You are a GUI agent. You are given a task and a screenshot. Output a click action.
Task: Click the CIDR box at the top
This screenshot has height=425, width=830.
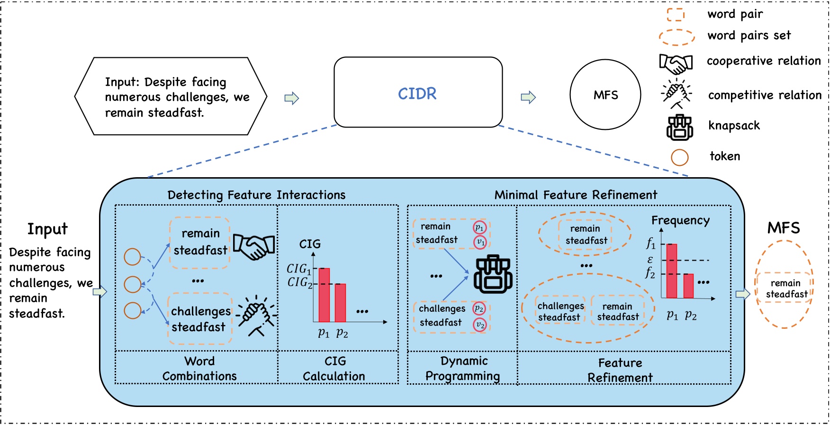(x=418, y=92)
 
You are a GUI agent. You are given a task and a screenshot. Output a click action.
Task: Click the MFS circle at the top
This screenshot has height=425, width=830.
(x=605, y=95)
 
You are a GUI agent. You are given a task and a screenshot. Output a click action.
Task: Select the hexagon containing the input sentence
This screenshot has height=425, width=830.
(x=171, y=96)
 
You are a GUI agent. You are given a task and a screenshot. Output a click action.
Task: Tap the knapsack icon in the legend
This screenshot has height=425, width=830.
(x=679, y=127)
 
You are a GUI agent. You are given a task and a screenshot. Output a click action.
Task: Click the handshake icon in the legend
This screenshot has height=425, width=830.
(x=676, y=63)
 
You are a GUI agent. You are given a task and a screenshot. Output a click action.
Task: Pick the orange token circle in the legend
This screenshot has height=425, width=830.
(x=679, y=157)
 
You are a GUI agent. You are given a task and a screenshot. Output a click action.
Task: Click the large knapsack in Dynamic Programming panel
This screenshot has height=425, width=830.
(x=493, y=274)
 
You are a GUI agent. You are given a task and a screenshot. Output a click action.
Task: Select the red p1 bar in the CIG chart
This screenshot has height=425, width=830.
(x=324, y=295)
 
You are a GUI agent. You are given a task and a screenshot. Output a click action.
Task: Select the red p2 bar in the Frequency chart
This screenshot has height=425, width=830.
(x=688, y=286)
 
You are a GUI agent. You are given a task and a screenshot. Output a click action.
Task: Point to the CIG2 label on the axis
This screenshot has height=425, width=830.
(x=299, y=282)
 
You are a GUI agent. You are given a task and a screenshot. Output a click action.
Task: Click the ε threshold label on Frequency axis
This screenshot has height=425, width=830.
(x=650, y=260)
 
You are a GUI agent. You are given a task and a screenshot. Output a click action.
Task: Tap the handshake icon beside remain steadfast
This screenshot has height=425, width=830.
(x=254, y=246)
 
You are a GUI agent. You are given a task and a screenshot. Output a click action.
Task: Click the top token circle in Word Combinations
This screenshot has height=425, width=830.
(x=132, y=257)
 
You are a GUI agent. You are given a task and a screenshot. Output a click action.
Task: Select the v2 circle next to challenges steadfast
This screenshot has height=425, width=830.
(x=480, y=325)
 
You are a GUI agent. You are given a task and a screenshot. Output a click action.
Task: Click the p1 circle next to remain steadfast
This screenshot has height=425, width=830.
(x=479, y=228)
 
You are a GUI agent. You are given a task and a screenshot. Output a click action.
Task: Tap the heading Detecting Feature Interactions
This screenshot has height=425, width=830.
(x=256, y=195)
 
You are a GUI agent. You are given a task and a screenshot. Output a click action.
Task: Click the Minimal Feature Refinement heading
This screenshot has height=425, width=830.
(x=576, y=195)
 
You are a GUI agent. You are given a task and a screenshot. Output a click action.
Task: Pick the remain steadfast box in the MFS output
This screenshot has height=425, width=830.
(x=785, y=288)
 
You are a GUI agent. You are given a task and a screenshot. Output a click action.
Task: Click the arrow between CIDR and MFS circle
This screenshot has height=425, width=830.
(x=528, y=98)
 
